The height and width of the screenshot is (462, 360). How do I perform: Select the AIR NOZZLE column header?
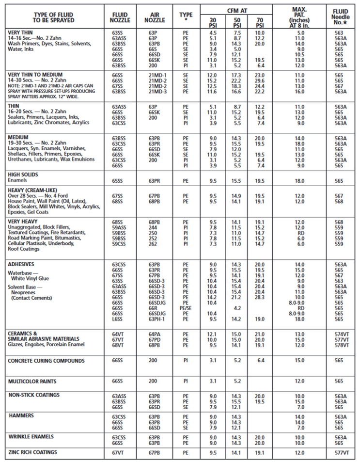click(x=155, y=17)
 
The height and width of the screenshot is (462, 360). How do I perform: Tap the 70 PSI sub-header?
click(x=260, y=22)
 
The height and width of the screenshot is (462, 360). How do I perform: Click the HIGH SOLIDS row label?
click(x=23, y=175)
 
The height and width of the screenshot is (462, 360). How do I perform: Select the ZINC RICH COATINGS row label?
click(x=32, y=452)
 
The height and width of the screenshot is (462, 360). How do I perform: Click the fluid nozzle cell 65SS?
click(x=117, y=180)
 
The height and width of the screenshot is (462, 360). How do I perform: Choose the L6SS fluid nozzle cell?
click(x=117, y=319)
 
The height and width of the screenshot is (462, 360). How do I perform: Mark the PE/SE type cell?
click(x=186, y=307)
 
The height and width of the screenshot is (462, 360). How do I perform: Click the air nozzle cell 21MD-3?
click(x=157, y=91)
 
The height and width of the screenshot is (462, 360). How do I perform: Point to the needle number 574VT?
click(x=341, y=335)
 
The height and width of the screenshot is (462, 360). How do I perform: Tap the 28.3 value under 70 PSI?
click(x=260, y=297)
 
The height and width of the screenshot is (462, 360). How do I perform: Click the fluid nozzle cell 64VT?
click(x=117, y=335)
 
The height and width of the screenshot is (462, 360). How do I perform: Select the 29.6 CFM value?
click(x=260, y=80)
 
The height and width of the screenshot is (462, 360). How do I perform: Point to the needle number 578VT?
click(x=341, y=345)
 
